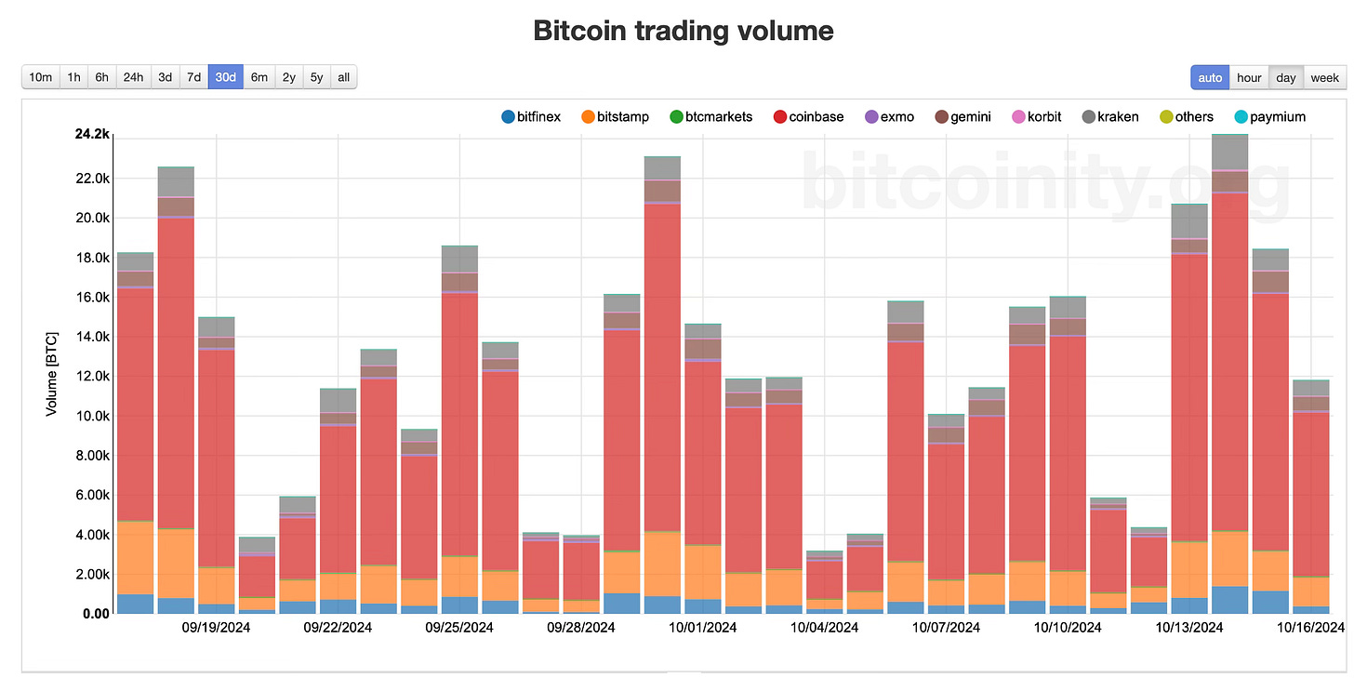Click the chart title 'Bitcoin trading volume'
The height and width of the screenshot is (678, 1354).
684,31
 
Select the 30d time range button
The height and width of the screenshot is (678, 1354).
225,77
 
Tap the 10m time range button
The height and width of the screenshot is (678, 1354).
41,77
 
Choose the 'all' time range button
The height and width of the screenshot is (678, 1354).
343,77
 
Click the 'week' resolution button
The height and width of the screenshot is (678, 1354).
1324,78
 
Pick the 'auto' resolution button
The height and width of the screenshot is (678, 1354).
1210,78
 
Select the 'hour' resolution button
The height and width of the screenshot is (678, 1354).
1249,78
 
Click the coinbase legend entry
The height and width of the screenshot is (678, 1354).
807,117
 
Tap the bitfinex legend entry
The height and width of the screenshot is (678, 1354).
531,117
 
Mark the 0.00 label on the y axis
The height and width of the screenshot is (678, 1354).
97,614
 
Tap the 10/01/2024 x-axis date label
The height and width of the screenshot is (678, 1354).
702,628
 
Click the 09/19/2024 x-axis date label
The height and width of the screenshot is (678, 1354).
216,628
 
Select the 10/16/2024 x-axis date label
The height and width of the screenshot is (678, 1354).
1310,628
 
